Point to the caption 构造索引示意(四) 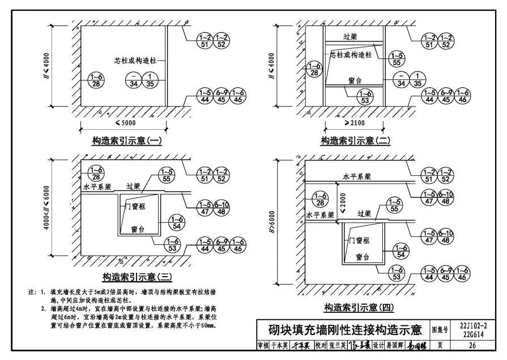(x=358, y=307)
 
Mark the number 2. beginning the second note (x=44, y=309)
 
